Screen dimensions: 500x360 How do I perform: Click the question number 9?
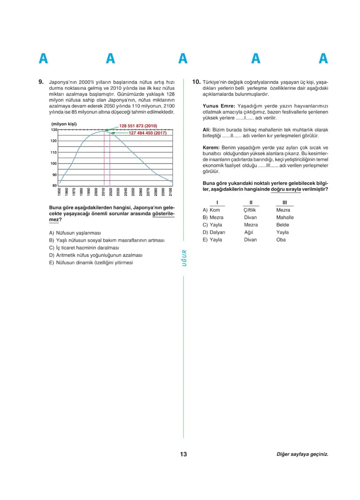tap(41, 82)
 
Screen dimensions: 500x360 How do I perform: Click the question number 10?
tap(196, 82)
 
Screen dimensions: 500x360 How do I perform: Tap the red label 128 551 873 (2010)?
tap(138, 126)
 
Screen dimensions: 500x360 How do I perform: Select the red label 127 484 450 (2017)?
tap(147, 133)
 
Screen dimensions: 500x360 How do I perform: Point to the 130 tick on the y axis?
tap(54, 130)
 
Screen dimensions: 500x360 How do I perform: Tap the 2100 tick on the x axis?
tap(171, 192)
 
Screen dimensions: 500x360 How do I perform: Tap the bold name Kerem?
tap(211, 148)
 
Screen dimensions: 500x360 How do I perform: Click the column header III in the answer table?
tap(283, 202)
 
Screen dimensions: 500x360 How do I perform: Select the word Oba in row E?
tap(281, 240)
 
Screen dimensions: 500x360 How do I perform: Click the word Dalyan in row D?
tap(217, 232)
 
